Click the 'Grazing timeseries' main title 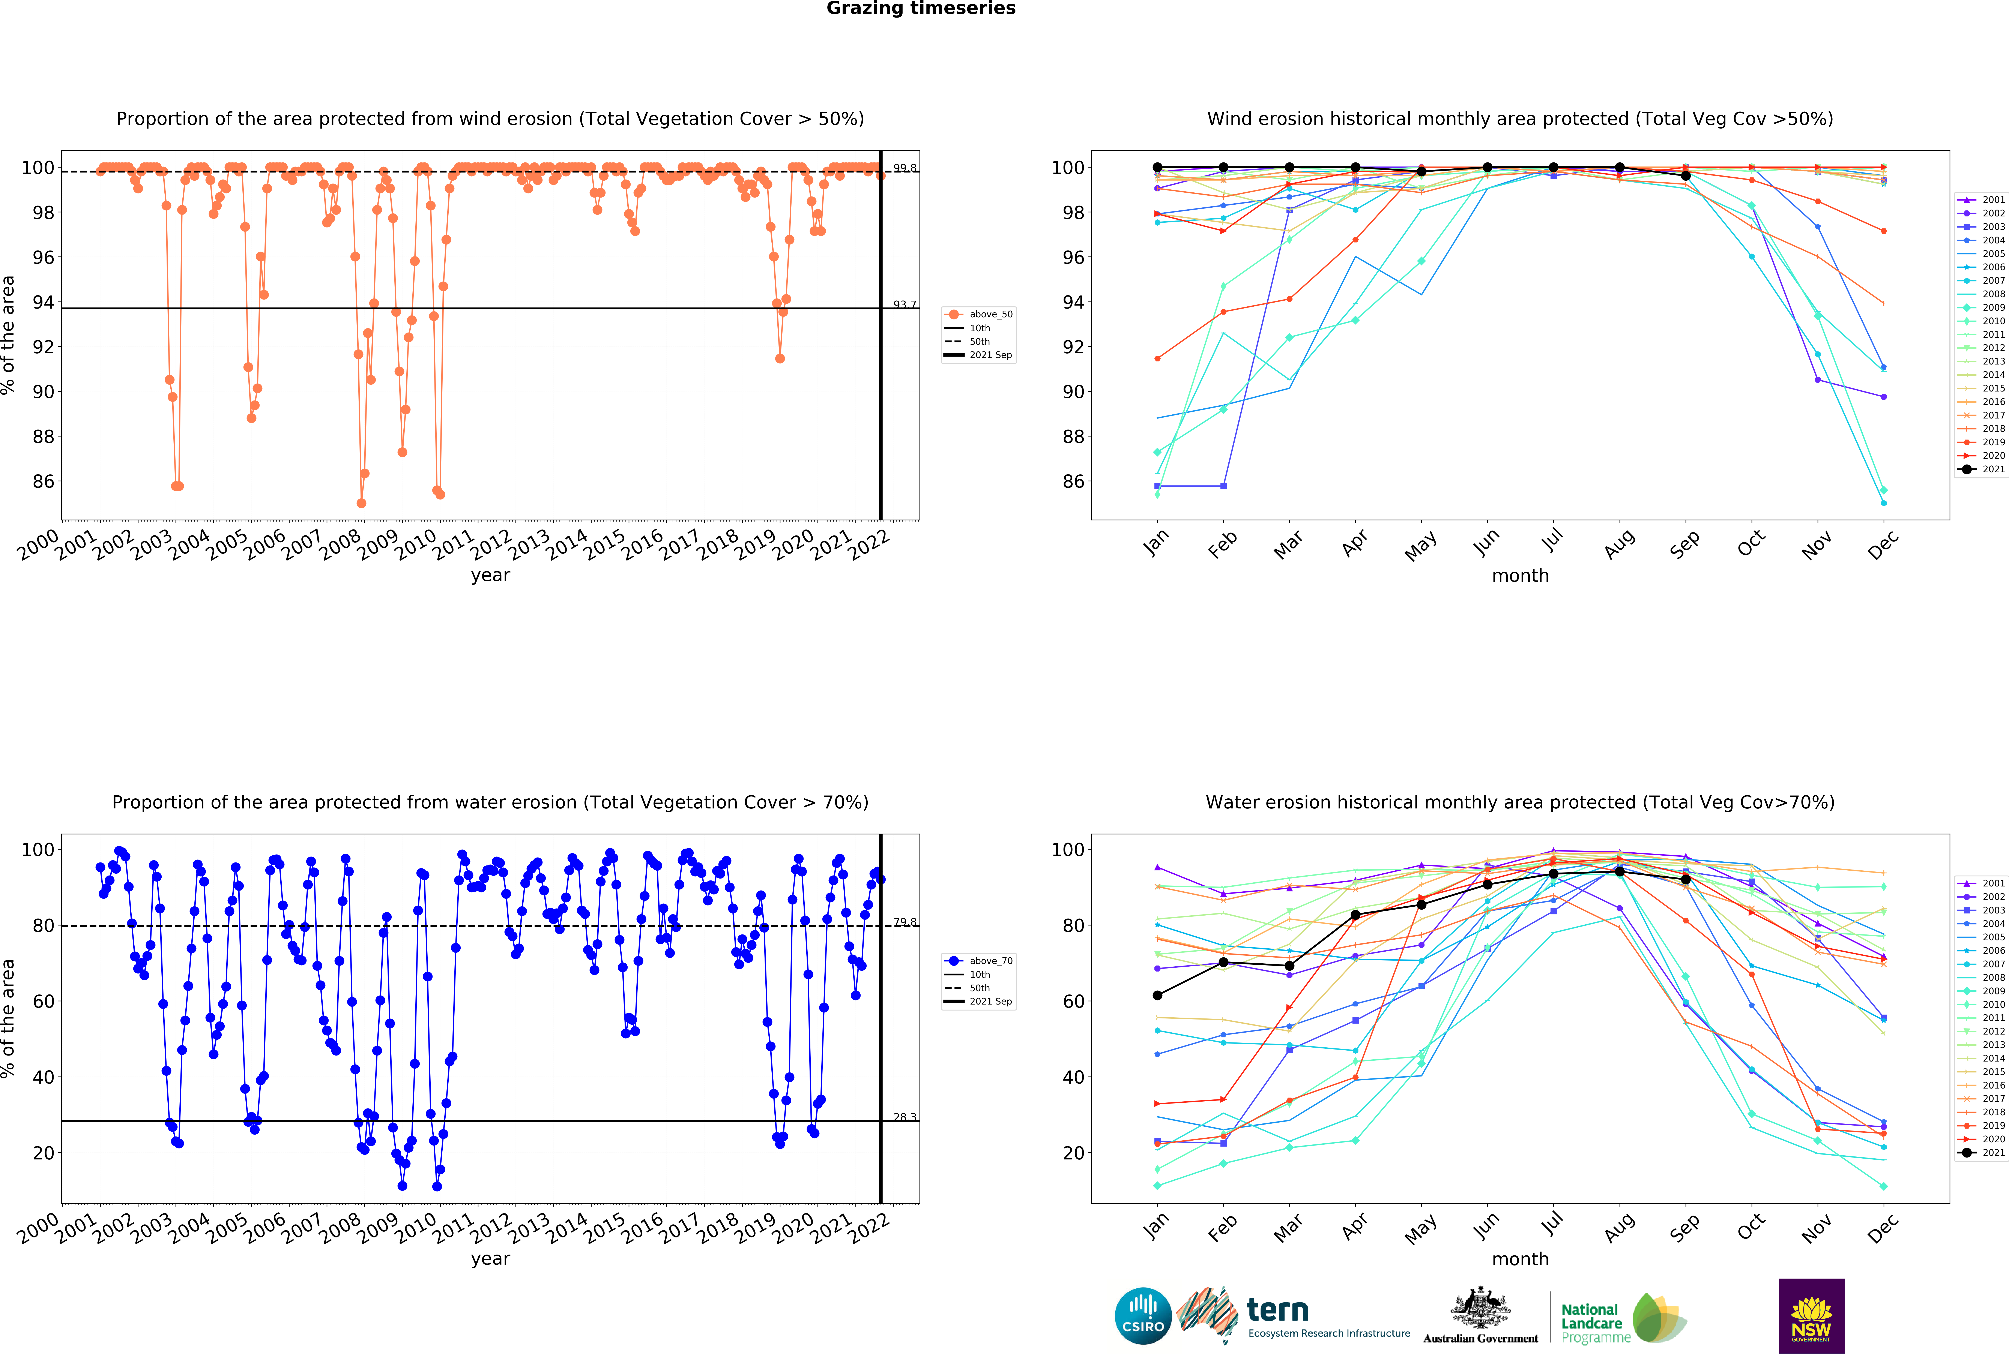[x=921, y=9]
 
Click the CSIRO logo [x=1143, y=1316]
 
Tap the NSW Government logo [x=1811, y=1315]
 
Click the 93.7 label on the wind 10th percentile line [x=904, y=304]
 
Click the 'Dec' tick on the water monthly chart [x=1883, y=1227]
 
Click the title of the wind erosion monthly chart [x=1520, y=118]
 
